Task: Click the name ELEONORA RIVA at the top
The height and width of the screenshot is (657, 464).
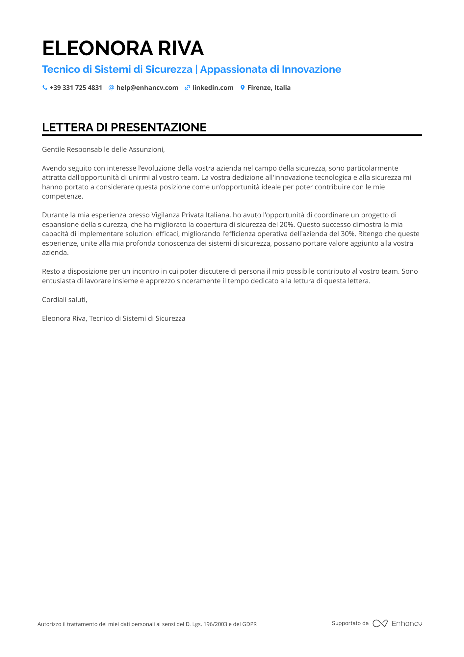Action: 123,48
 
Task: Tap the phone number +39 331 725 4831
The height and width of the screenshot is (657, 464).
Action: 76,88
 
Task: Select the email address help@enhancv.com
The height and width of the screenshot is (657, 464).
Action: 147,88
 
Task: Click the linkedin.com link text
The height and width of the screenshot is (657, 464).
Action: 213,88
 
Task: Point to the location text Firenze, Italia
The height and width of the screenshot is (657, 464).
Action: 269,88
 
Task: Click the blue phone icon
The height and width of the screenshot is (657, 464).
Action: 45,88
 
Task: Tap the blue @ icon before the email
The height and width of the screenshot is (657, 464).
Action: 111,88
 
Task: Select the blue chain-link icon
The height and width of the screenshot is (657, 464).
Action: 187,88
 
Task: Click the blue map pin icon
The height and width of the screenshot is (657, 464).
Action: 243,88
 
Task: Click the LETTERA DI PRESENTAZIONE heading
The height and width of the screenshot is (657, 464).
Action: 124,127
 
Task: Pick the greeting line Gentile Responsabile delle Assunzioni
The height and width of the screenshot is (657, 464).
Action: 103,150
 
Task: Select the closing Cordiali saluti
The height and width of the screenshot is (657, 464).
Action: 64,300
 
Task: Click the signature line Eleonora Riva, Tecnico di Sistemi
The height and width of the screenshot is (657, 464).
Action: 114,318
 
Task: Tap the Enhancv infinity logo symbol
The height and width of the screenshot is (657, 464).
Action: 380,623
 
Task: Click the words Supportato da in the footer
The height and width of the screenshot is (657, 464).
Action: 350,623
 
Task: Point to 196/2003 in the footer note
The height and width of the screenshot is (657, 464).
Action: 215,624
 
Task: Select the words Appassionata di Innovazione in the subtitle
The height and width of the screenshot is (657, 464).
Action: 271,69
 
